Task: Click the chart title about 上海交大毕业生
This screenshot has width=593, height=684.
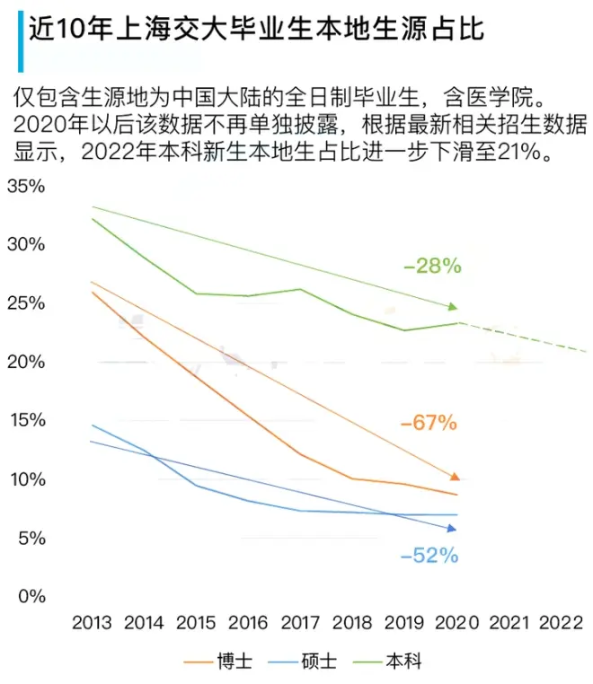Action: click(x=256, y=31)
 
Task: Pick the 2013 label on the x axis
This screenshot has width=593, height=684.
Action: click(x=92, y=623)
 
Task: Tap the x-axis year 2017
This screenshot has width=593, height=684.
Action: click(x=300, y=623)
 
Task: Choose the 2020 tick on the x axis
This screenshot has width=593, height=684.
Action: click(x=457, y=623)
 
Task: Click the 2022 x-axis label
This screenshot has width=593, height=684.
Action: click(x=562, y=623)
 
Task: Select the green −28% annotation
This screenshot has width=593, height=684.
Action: click(x=432, y=266)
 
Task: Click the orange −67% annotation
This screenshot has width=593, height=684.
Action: click(x=429, y=422)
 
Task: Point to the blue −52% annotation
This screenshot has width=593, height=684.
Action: click(x=429, y=556)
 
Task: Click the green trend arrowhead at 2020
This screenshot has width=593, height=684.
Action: click(x=453, y=307)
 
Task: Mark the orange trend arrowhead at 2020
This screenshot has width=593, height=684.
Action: click(x=454, y=476)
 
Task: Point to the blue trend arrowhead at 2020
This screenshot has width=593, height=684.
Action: click(x=452, y=529)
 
